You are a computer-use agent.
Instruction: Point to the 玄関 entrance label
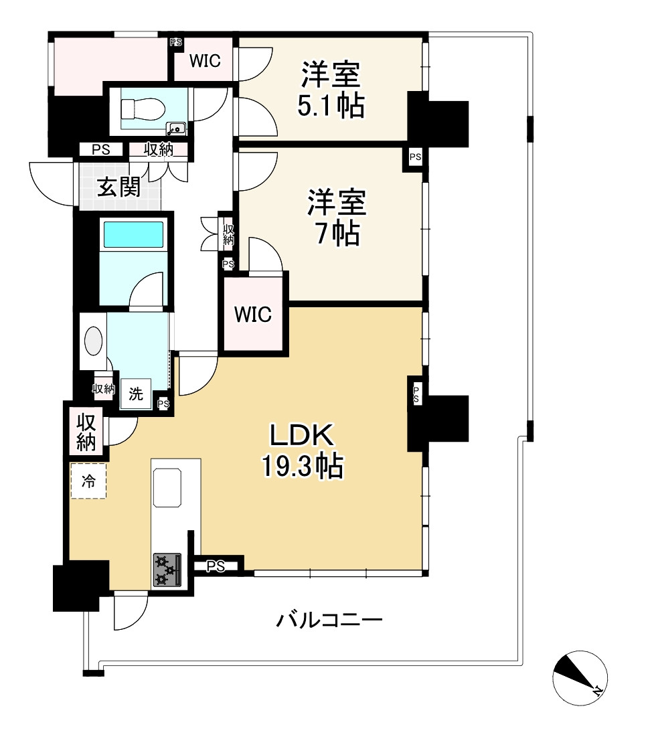coord(118,187)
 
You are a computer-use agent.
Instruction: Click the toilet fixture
coord(141,107)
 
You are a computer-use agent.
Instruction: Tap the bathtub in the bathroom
coord(133,235)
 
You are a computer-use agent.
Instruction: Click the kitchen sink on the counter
coord(167,487)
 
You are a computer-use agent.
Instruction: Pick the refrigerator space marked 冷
coord(88,481)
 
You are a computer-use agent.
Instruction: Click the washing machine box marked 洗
coord(136,394)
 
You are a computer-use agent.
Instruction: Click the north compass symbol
coord(580,677)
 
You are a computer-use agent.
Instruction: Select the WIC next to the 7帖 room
coord(253,314)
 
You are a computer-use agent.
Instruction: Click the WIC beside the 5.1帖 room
coord(205,61)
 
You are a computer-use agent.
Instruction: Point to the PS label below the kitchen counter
coord(215,567)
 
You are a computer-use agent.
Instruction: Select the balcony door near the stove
coord(131,611)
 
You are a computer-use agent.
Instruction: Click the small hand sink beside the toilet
coord(176,128)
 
